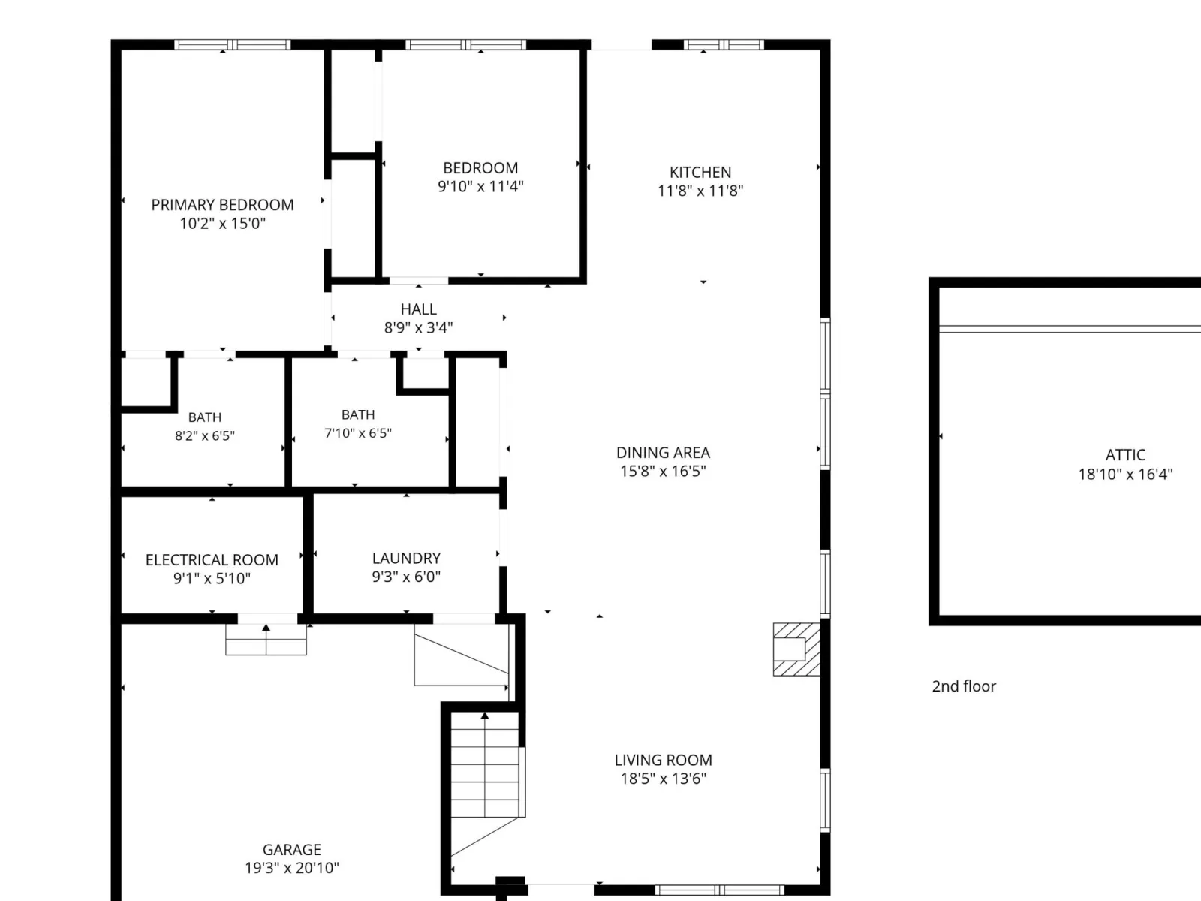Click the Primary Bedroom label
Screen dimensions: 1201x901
tap(222, 204)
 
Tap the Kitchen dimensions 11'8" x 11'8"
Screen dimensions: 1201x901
tap(700, 191)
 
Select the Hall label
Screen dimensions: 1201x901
tap(419, 309)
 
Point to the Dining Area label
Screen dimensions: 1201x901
tap(663, 453)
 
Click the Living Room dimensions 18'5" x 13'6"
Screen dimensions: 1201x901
tap(663, 779)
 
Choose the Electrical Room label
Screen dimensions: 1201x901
tap(212, 559)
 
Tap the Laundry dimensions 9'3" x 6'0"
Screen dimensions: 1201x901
tap(406, 577)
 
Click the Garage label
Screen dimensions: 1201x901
tap(292, 850)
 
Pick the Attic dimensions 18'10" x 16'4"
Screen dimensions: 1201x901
tap(1125, 474)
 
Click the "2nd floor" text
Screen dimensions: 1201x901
tap(964, 686)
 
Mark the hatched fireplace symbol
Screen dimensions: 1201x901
tap(796, 649)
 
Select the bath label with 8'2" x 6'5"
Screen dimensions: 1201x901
tap(205, 417)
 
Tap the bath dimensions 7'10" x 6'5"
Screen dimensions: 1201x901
tap(358, 433)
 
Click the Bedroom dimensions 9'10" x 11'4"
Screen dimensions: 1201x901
tap(480, 186)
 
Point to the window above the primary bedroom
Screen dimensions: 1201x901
tap(233, 44)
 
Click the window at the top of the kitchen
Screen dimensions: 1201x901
tap(724, 44)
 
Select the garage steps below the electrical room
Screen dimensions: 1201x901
tap(266, 639)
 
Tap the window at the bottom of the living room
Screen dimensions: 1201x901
tap(720, 890)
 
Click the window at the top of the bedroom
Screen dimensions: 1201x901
tap(465, 44)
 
